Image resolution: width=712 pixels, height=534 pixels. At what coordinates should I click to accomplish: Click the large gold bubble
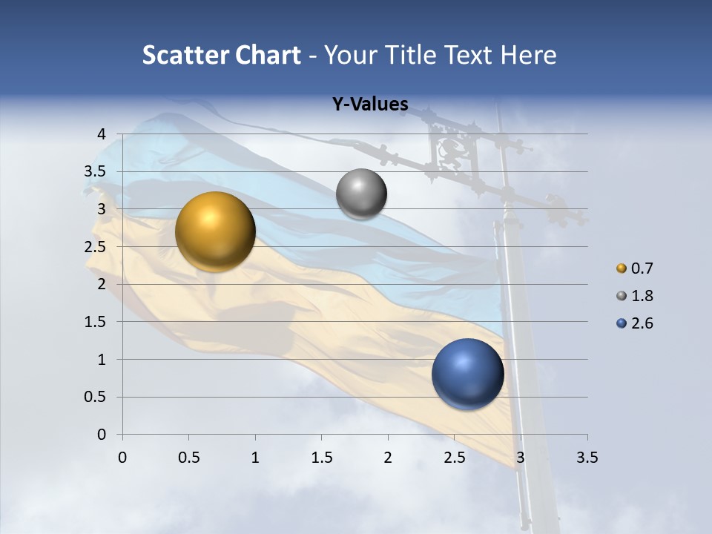215,231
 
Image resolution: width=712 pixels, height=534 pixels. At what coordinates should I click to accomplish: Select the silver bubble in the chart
361,194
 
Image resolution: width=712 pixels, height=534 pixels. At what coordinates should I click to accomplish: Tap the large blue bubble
468,374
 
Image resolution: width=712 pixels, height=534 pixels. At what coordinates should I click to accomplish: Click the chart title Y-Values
369,105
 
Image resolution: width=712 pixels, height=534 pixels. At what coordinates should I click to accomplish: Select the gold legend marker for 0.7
622,268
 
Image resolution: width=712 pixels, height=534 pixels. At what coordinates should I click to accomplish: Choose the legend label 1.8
642,296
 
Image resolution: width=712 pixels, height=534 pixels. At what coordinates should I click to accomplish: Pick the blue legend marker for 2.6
622,323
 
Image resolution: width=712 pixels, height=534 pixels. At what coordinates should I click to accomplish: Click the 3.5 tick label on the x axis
587,458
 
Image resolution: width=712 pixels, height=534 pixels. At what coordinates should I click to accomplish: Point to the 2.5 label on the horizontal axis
454,458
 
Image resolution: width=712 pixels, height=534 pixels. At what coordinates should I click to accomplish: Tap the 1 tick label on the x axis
255,458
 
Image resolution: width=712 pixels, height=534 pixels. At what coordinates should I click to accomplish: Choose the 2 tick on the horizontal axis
388,458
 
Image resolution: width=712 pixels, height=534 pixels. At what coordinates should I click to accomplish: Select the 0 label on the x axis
122,458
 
